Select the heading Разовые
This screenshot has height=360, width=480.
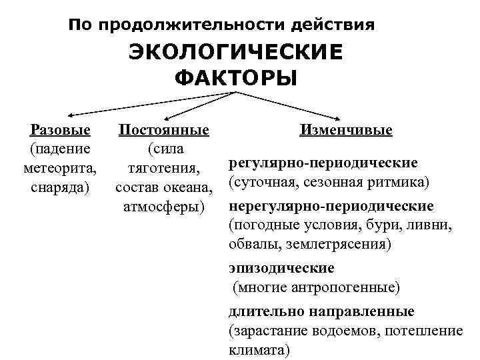click(x=61, y=129)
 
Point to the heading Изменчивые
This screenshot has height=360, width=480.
click(x=346, y=129)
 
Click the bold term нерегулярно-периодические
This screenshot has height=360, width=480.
click(x=331, y=205)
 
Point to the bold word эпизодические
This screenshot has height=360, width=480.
click(x=281, y=268)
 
